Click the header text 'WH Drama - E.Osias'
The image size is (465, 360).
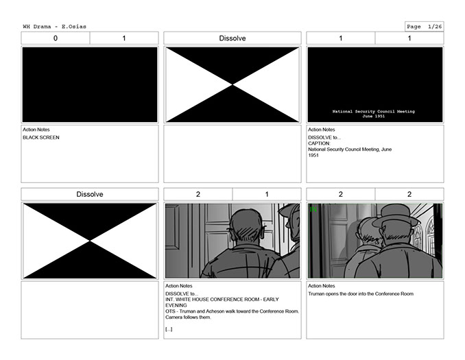(55, 27)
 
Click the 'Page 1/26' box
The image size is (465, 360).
(425, 27)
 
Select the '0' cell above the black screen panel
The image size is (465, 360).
(56, 38)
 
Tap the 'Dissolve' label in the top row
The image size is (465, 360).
(232, 38)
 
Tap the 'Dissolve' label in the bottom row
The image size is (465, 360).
(90, 194)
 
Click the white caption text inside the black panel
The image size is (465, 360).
(373, 114)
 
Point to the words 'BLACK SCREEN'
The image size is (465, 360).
(41, 138)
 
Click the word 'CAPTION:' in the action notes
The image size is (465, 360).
(319, 143)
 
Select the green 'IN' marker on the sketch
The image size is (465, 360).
(313, 210)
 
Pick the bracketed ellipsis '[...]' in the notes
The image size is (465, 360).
(169, 329)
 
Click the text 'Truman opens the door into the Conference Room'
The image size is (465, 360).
(361, 294)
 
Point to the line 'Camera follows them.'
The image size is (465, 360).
(189, 317)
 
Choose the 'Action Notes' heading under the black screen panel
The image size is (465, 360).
(36, 130)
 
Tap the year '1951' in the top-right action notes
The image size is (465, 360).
(313, 156)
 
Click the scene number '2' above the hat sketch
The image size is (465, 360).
(340, 194)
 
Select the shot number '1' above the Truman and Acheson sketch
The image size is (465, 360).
(267, 194)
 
